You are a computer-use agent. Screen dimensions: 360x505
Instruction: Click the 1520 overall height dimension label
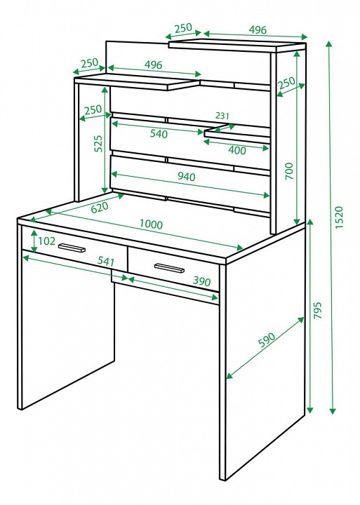tap(340, 217)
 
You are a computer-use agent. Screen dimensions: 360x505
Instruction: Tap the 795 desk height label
tap(318, 311)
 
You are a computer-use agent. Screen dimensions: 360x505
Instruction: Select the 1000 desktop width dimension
tap(151, 224)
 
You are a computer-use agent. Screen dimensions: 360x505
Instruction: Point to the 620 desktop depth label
tap(100, 207)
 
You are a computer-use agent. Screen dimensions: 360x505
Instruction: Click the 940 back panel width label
tap(187, 176)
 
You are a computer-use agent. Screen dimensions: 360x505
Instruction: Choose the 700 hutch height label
tap(289, 171)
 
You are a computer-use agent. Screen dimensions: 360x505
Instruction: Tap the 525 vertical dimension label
tap(98, 144)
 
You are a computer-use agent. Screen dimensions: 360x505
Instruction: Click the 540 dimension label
tap(159, 134)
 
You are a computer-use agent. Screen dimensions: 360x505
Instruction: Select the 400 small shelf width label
tap(237, 150)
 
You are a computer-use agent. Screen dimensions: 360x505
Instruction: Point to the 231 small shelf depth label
tap(222, 115)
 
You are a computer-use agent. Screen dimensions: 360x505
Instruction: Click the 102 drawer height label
tap(47, 241)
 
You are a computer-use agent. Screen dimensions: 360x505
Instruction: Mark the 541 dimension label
tap(106, 260)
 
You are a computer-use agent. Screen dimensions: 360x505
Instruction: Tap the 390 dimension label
tap(202, 281)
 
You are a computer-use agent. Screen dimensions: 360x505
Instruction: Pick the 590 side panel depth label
tap(267, 339)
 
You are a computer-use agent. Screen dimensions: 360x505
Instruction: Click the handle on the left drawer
tap(72, 248)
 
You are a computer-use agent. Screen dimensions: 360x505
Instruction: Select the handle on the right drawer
tap(169, 268)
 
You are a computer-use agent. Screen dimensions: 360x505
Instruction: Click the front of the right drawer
tap(173, 269)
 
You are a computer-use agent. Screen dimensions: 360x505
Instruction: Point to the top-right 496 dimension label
tap(258, 30)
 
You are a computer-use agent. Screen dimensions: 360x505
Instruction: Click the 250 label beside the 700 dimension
tap(286, 83)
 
